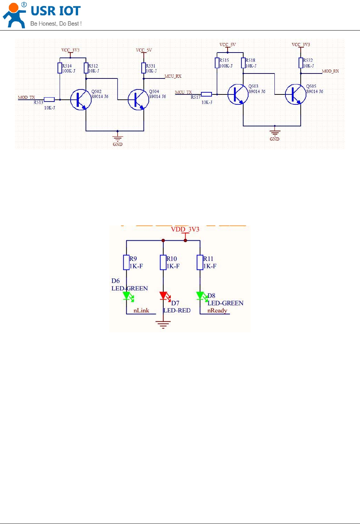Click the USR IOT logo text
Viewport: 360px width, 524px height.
pos(55,11)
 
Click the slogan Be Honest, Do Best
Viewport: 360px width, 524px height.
pos(56,24)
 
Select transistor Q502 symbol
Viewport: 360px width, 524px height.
pos(81,100)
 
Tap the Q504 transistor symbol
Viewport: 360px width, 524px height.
pos(138,100)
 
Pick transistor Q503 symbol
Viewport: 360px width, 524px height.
pos(238,94)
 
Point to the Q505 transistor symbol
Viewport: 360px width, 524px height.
pos(295,94)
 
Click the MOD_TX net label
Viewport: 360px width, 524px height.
pos(27,97)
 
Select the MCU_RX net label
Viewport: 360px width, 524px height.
pos(173,76)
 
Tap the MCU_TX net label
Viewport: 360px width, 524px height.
pos(183,92)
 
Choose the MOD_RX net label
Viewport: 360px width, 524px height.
pos(330,71)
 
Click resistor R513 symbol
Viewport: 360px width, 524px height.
pos(49,100)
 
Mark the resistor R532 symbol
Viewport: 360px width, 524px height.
pos(301,63)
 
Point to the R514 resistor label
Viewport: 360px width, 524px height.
pos(67,66)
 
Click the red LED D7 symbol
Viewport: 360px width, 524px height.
pos(163,296)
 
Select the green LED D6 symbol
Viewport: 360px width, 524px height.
pos(127,296)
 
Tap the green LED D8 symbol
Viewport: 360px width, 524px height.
pos(200,296)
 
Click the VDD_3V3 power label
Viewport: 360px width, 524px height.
pos(185,229)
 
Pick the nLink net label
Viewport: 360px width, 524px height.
pos(141,311)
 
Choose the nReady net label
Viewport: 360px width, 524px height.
pos(217,311)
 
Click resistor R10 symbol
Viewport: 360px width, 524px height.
pos(163,262)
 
